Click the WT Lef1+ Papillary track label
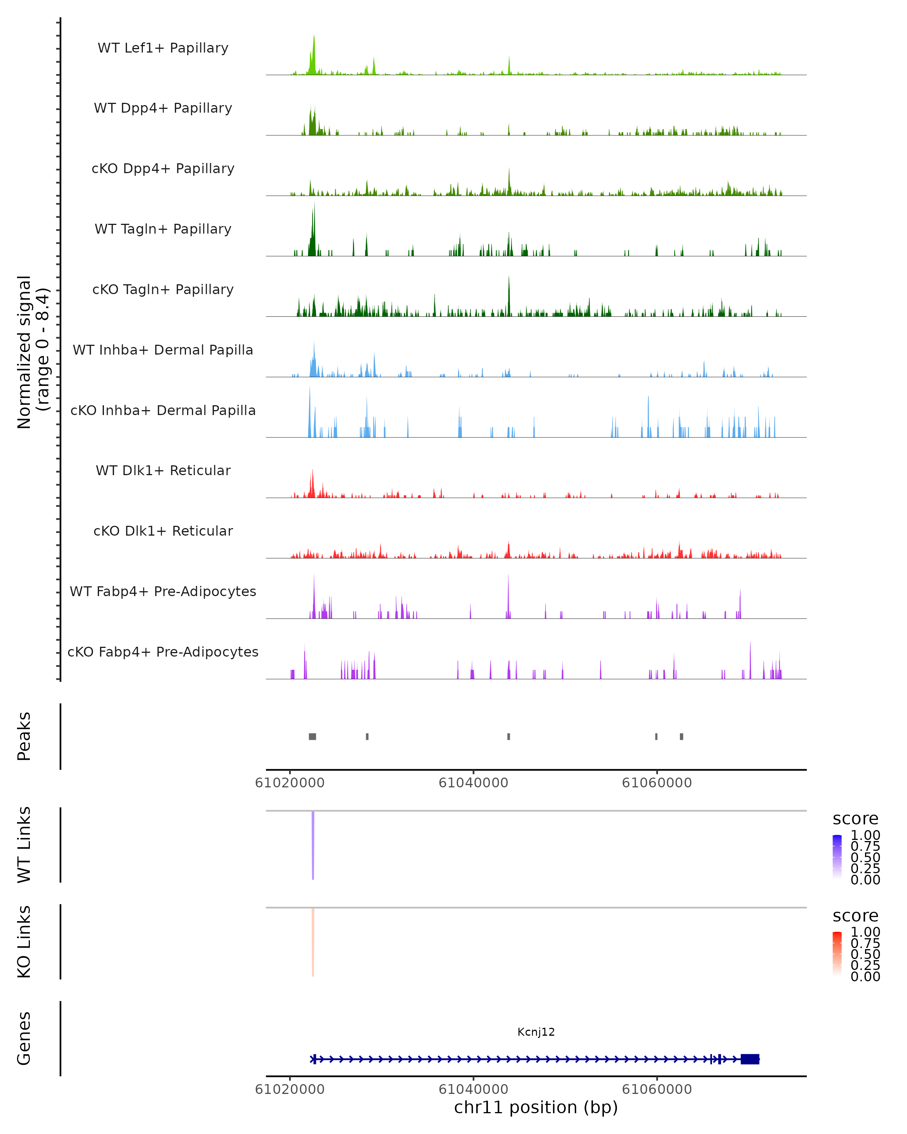tap(163, 48)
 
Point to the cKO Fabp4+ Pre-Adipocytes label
tap(163, 652)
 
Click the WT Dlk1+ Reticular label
tap(163, 470)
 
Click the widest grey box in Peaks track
tap(312, 736)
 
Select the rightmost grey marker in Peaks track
tap(681, 736)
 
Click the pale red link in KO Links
tap(313, 942)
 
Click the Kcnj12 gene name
tap(536, 1032)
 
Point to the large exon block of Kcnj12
tap(750, 1059)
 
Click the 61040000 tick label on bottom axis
tap(473, 1089)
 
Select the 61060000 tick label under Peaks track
tap(657, 783)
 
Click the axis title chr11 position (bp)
tap(536, 1108)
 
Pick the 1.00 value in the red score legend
tap(865, 932)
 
